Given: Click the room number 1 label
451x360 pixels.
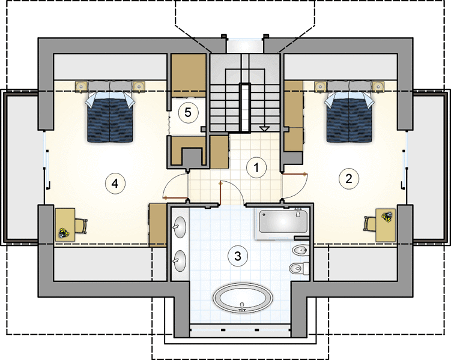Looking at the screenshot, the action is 256,168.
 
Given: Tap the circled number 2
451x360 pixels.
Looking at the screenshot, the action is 349,179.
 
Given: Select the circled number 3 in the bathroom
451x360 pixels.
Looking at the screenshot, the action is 238,256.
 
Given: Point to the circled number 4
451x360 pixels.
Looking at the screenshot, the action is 115,183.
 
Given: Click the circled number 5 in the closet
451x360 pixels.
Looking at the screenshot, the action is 188,112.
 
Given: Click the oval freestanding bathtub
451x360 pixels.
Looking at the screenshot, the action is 243,298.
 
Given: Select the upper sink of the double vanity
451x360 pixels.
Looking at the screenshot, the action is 180,227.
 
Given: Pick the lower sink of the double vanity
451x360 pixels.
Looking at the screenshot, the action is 180,261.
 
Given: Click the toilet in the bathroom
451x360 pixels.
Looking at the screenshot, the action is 299,269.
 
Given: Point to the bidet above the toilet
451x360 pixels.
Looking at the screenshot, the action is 300,251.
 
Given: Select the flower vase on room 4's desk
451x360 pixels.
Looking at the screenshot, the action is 62,233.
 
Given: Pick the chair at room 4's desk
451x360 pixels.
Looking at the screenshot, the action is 81,226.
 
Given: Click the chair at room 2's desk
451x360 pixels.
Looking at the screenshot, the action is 369,224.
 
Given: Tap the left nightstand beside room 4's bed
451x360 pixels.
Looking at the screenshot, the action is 82,86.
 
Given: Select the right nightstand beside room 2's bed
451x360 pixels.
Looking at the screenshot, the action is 378,86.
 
